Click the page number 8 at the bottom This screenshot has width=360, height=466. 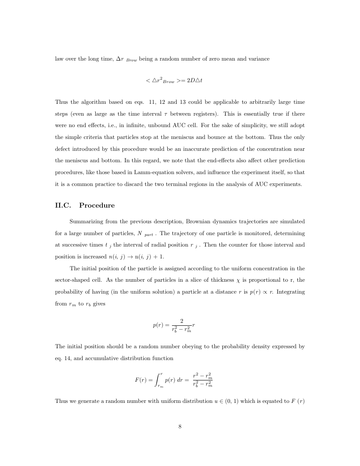coord(180,427)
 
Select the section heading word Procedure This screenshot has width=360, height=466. coord(97,205)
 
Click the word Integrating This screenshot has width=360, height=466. coord(289,292)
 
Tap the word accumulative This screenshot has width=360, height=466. coord(90,358)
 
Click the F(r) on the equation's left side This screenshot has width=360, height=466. coord(141,380)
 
